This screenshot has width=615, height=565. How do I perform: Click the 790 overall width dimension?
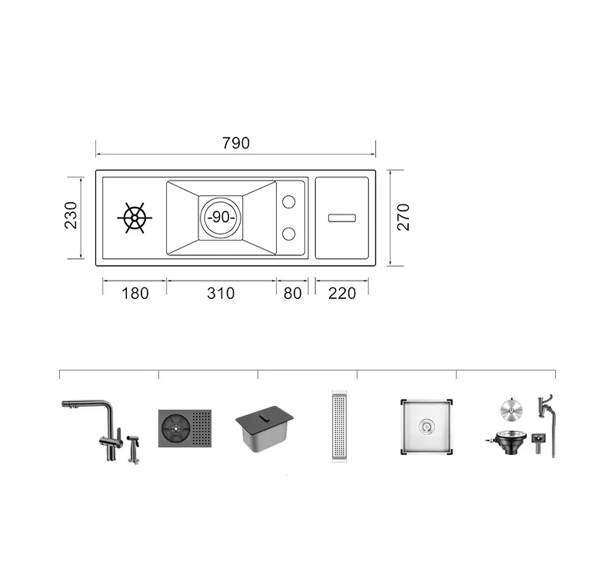pos(236,143)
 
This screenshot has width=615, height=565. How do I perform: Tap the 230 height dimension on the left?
pos(71,215)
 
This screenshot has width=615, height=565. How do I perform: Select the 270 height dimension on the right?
pos(403,218)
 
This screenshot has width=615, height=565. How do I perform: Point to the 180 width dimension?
pos(135,294)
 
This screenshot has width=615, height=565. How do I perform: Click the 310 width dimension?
pos(221,294)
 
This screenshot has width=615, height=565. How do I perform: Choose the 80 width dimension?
pos(293,294)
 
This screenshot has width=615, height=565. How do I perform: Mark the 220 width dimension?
pos(342,294)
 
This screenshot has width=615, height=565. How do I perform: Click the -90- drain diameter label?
pos(221,217)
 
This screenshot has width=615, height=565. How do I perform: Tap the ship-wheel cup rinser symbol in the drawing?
pos(135,218)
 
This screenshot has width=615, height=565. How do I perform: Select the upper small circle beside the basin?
pos(289,202)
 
